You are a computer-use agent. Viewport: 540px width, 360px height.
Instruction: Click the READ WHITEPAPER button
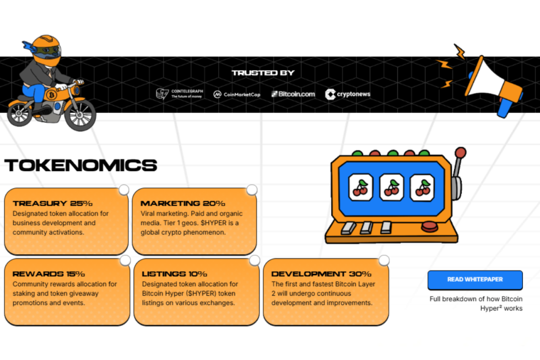click(x=475, y=280)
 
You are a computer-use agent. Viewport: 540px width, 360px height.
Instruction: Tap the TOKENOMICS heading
click(x=81, y=165)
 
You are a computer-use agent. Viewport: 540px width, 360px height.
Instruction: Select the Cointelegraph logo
click(x=180, y=94)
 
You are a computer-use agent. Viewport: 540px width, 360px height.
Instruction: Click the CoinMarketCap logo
click(x=237, y=94)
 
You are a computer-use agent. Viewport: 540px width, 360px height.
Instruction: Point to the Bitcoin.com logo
click(x=293, y=94)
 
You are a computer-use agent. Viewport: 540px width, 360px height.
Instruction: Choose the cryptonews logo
click(x=348, y=94)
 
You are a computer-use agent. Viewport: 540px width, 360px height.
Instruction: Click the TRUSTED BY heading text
click(x=263, y=73)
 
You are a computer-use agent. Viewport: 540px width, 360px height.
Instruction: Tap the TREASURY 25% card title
click(x=53, y=203)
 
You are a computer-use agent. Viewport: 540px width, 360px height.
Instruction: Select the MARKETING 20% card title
click(x=183, y=203)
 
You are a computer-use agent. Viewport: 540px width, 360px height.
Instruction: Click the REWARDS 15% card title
click(x=48, y=274)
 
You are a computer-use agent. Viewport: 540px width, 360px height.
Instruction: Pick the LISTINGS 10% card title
click(x=174, y=274)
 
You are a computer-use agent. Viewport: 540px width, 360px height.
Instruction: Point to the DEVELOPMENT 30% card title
click(x=321, y=274)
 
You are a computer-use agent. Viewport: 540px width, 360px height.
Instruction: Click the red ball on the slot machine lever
click(x=461, y=153)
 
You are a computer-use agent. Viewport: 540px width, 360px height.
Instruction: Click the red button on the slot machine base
click(x=430, y=227)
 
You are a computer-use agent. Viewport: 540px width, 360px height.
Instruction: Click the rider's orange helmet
click(x=46, y=50)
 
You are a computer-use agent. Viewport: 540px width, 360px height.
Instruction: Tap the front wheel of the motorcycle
click(x=80, y=115)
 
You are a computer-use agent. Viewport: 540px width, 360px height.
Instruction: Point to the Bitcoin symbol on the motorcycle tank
click(x=52, y=95)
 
